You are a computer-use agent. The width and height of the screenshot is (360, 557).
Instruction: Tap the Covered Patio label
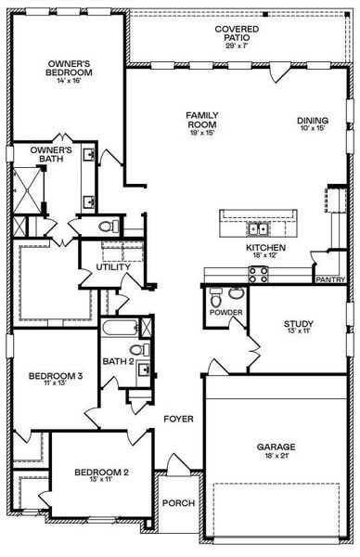(237, 30)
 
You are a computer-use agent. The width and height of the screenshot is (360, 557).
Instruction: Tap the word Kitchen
(264, 249)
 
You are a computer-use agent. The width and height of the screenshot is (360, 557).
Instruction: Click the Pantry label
(329, 278)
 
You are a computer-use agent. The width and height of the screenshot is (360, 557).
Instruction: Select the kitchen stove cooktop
(258, 272)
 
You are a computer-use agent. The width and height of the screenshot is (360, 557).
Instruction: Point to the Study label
(299, 324)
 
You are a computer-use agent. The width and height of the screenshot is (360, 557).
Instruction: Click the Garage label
(276, 447)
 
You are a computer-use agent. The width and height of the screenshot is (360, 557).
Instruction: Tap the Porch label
(178, 503)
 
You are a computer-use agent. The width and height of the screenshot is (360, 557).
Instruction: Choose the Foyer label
(178, 419)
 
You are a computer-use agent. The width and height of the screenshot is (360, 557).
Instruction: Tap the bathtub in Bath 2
(119, 329)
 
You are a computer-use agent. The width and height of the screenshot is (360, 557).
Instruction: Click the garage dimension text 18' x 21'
(276, 458)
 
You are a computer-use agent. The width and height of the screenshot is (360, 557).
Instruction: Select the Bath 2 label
(119, 361)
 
